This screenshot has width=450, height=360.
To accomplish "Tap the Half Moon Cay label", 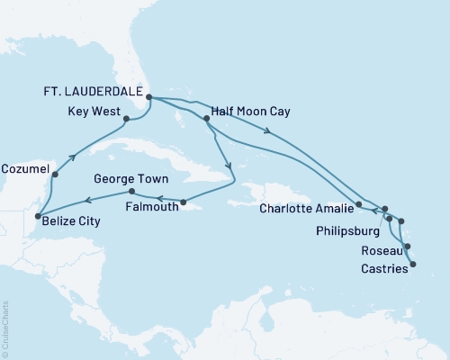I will click(x=249, y=118).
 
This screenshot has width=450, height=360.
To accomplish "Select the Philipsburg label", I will click(x=348, y=229).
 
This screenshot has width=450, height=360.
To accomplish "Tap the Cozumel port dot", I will click(x=55, y=175).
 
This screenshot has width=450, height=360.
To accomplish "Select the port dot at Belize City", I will click(x=37, y=217).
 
